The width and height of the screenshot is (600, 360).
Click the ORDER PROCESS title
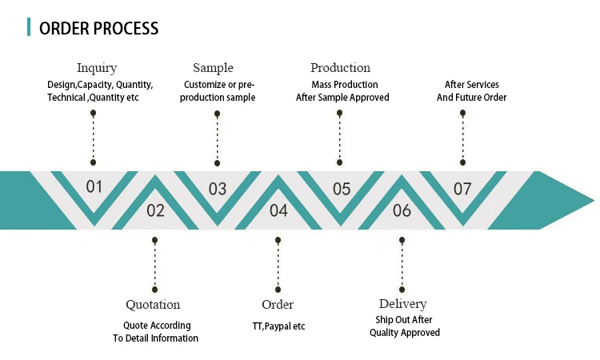click(98, 28)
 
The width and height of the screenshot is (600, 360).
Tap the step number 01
click(94, 187)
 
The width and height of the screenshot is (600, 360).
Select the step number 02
click(155, 210)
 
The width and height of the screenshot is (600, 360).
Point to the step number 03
click(218, 189)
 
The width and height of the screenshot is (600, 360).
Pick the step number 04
click(278, 210)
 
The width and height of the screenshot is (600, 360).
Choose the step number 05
click(342, 189)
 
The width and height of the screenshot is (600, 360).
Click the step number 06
click(402, 210)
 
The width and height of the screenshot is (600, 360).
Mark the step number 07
click(462, 189)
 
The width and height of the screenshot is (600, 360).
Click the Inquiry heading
click(96, 68)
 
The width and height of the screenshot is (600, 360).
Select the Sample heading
click(213, 68)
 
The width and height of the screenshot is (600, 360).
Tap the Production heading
click(340, 68)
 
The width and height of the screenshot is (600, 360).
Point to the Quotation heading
click(153, 305)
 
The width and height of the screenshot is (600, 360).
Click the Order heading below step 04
click(278, 305)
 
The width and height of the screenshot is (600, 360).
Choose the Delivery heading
click(402, 304)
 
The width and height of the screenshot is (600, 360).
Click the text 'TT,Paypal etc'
click(278, 326)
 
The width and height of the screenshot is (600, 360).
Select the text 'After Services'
click(471, 85)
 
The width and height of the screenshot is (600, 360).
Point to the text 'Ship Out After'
click(404, 320)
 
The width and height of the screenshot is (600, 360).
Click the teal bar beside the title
click(30, 28)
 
